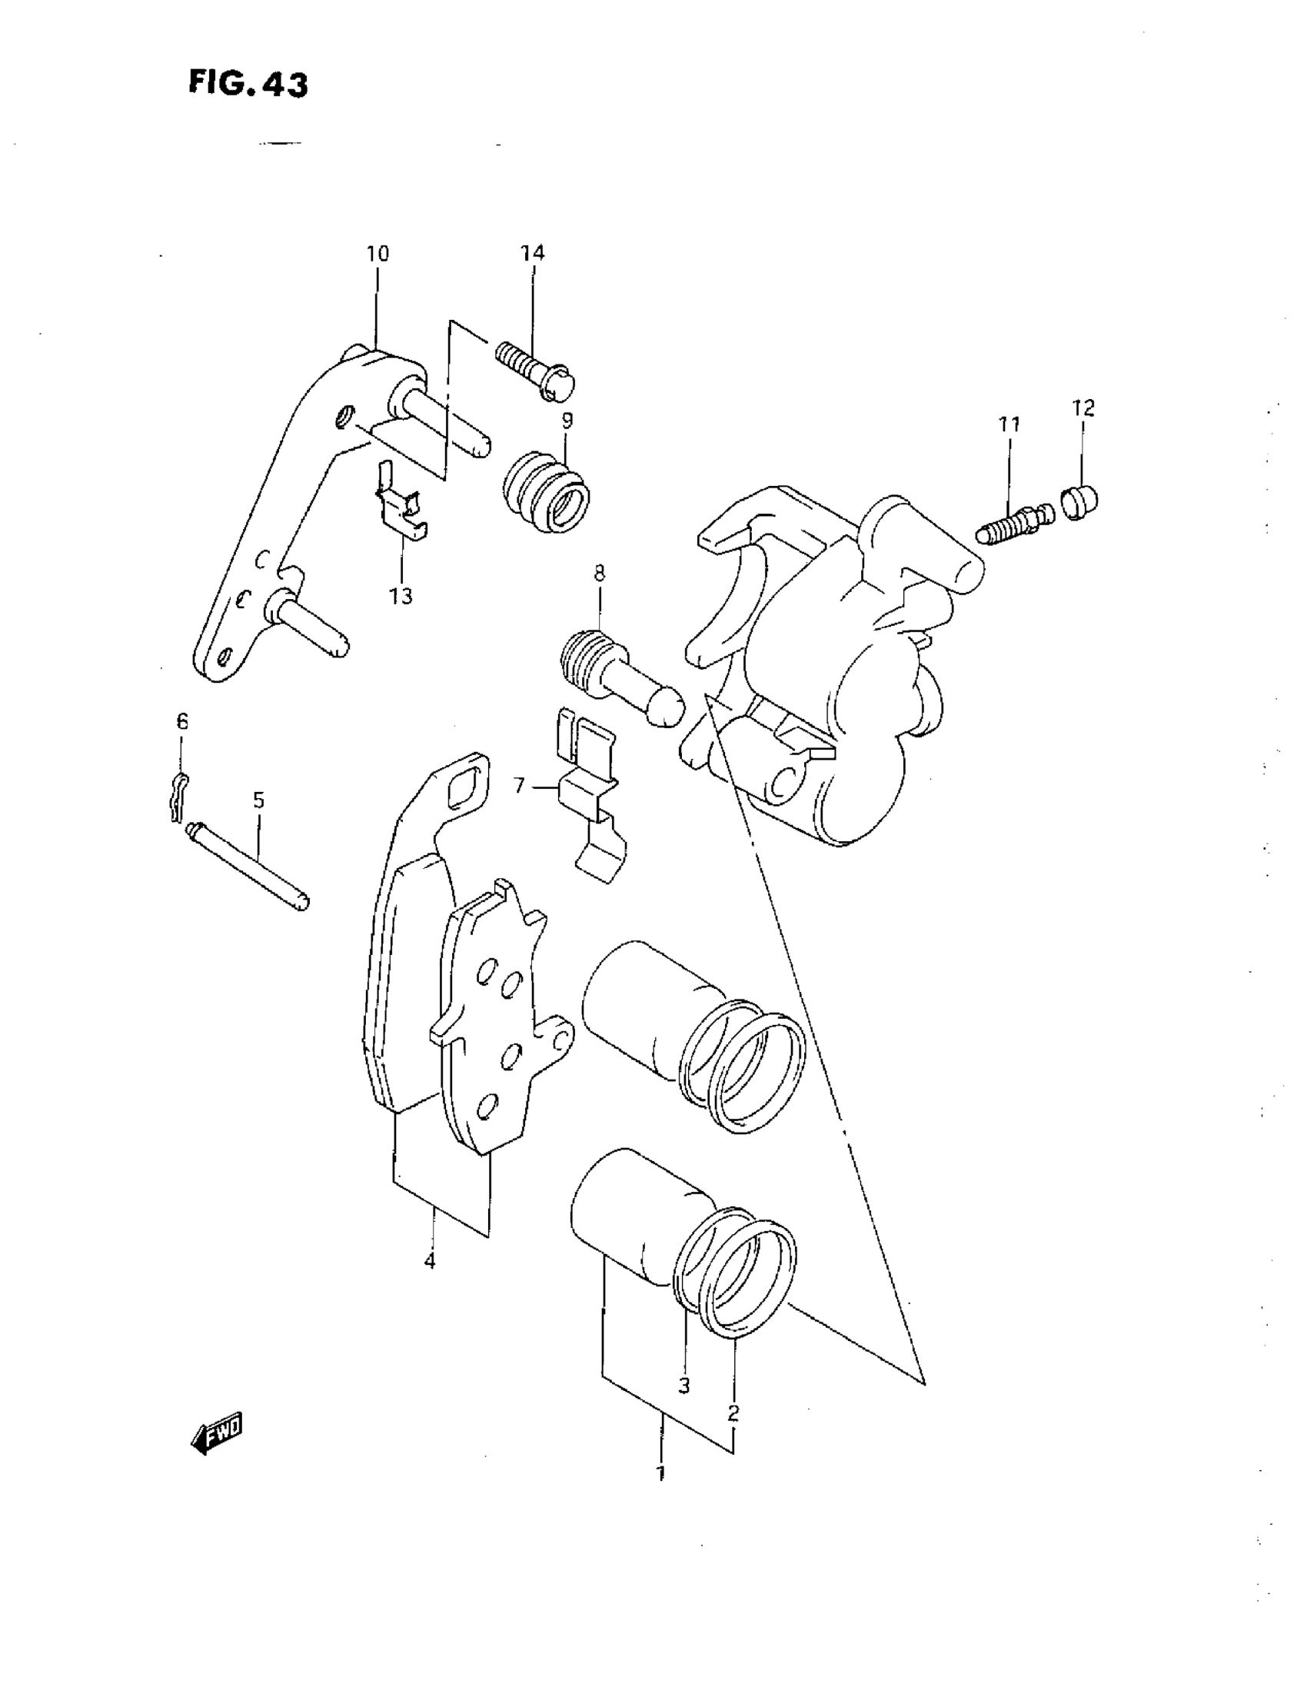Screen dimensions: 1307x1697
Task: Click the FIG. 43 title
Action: click(248, 84)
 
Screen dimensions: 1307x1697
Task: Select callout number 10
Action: click(377, 254)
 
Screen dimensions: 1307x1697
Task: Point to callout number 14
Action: click(532, 252)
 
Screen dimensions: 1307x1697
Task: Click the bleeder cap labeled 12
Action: click(1079, 501)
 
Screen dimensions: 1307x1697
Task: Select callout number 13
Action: click(401, 596)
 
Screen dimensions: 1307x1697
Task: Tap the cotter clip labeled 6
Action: click(178, 795)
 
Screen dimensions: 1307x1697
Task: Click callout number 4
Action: click(430, 1260)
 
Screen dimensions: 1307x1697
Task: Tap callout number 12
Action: click(1083, 408)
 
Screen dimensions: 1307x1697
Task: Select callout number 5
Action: click(259, 800)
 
